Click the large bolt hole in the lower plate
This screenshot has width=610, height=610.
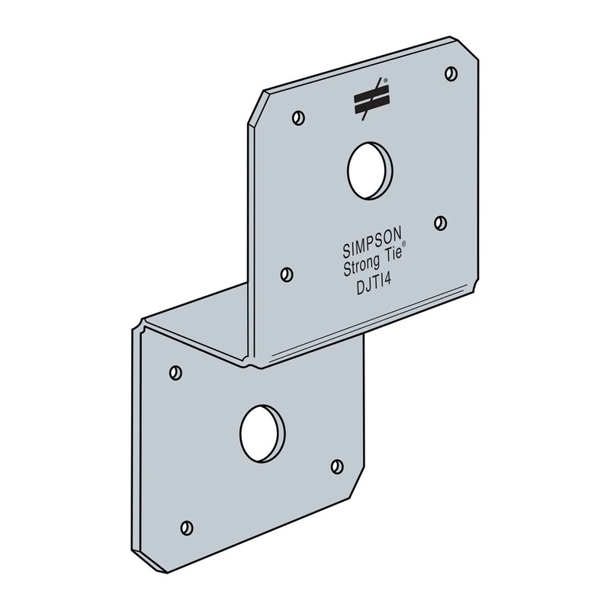(x=262, y=432)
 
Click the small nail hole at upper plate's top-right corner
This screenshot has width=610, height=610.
(x=449, y=72)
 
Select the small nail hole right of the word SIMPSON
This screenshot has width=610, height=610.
(x=439, y=221)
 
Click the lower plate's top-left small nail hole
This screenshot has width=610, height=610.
(x=175, y=372)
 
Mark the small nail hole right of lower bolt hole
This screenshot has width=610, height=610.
(x=336, y=465)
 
